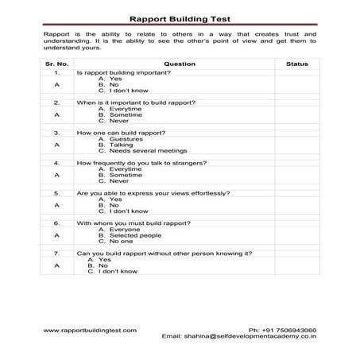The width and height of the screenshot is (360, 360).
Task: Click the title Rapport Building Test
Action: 180,17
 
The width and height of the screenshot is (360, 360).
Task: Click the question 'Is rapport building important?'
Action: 121,72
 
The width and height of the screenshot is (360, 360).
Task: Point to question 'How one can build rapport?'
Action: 120,132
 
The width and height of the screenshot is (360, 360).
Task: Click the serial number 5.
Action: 56,192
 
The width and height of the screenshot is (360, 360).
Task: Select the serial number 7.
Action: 56,253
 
